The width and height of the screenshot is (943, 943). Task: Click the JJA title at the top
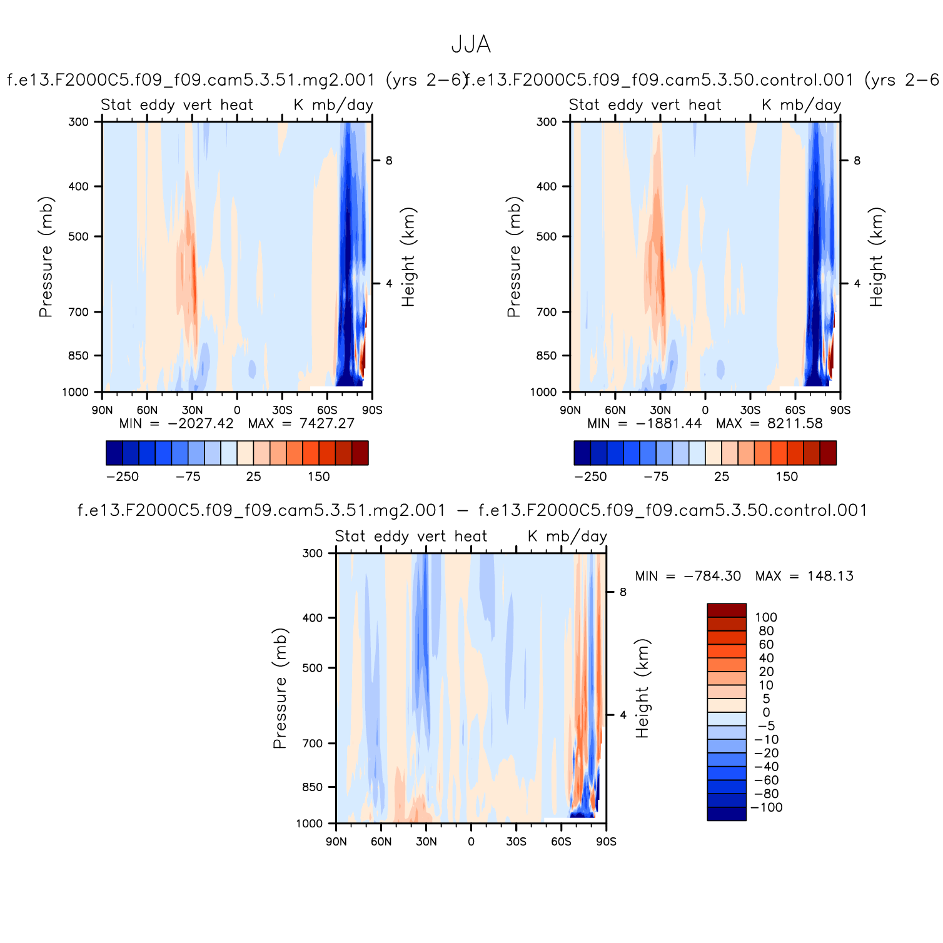tap(471, 45)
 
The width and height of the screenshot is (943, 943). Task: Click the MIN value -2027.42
tap(200, 423)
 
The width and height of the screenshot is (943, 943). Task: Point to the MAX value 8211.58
tap(795, 423)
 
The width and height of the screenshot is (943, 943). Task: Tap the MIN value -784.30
tap(712, 576)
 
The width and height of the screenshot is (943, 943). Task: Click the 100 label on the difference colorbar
tap(766, 617)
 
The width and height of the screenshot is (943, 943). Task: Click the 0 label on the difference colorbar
tap(766, 712)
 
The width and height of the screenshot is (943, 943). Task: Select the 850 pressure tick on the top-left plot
tap(79, 356)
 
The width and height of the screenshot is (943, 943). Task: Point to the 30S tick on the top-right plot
tap(750, 410)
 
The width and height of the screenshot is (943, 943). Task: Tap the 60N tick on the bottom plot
tap(381, 842)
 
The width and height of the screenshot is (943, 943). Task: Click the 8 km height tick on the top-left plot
tap(389, 161)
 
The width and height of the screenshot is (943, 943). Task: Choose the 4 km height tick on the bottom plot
tap(623, 715)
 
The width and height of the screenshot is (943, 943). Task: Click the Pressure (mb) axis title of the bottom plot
tap(280, 688)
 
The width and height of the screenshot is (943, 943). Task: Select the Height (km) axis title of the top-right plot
tap(876, 257)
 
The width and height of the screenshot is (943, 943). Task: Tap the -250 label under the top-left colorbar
tap(123, 477)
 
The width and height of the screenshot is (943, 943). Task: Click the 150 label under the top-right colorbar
tap(787, 477)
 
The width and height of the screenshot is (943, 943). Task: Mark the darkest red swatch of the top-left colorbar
tap(360, 453)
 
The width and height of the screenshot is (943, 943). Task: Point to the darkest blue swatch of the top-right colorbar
tap(582, 453)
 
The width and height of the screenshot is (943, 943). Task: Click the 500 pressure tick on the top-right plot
tap(547, 237)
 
